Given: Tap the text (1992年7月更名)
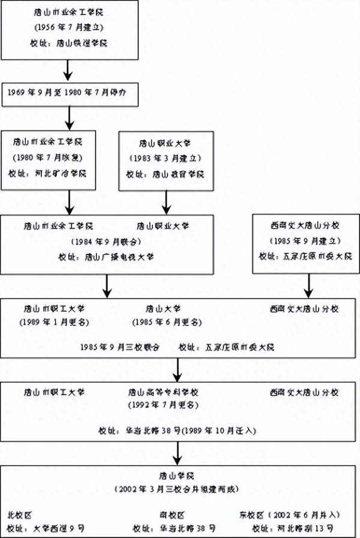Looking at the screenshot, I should pyautogui.click(x=172, y=405).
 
